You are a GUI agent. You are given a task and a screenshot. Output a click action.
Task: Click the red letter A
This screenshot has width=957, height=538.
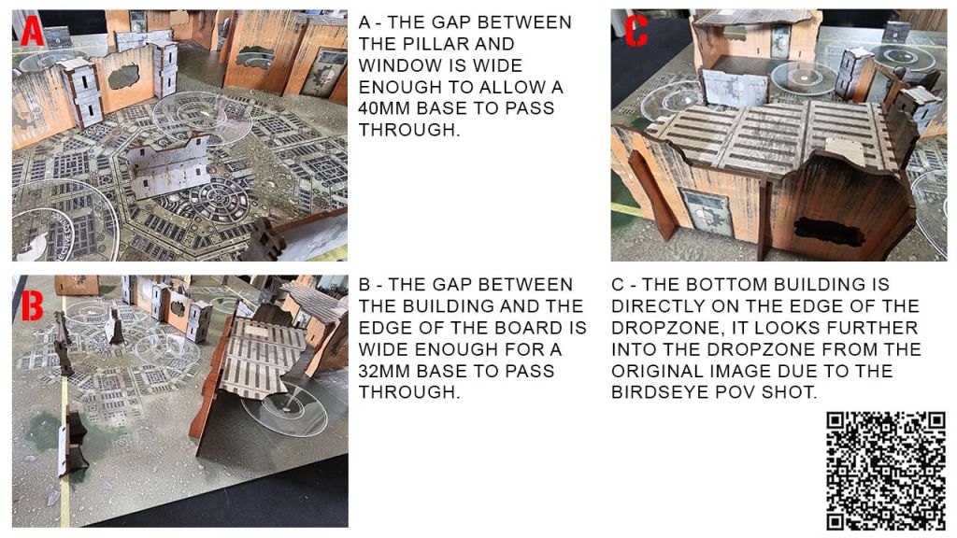[32, 31]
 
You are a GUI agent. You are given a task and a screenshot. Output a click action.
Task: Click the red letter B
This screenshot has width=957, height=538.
[33, 304]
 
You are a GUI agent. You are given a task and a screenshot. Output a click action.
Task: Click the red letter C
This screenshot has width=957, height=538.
[636, 31]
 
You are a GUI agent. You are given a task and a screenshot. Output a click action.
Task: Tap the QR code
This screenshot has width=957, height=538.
[886, 471]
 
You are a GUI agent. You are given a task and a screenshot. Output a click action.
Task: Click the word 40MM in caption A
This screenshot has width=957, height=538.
[384, 108]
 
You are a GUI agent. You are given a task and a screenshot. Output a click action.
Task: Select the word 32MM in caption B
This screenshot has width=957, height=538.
[384, 370]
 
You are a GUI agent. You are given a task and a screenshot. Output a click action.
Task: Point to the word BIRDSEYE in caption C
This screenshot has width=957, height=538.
[658, 391]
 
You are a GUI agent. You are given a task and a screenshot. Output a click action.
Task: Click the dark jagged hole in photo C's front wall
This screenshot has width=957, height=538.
[828, 232]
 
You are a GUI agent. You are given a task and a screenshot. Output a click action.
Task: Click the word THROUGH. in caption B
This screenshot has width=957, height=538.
[409, 391]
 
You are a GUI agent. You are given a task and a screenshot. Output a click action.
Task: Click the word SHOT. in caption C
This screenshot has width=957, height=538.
[789, 391]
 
